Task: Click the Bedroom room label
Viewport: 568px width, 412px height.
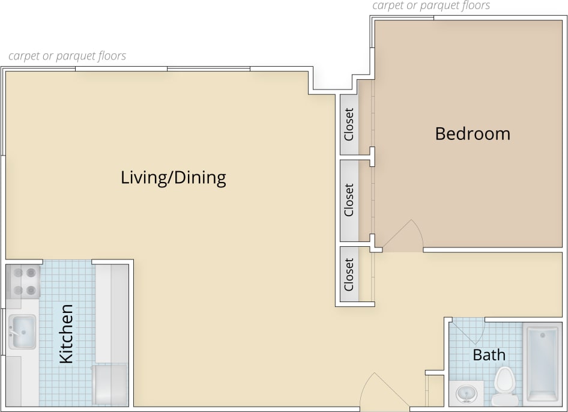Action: tap(473, 133)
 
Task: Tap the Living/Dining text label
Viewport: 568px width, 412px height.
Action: tap(174, 178)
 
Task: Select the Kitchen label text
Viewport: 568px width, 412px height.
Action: tap(66, 334)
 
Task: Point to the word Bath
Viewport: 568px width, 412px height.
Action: tap(489, 355)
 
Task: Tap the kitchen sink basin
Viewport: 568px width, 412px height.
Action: tap(22, 332)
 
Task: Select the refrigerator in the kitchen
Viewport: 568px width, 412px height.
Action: tap(110, 384)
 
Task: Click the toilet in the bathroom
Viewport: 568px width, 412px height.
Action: tap(504, 386)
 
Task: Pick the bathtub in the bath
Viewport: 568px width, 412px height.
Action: tap(542, 365)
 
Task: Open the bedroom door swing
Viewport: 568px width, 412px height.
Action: tap(403, 236)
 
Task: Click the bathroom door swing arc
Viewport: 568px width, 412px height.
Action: tap(467, 331)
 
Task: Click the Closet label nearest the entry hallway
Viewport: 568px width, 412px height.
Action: tap(349, 274)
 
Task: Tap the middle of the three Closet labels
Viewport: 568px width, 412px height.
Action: tap(349, 200)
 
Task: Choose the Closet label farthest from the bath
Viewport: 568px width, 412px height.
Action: tap(349, 124)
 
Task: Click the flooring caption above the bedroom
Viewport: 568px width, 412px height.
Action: tap(431, 6)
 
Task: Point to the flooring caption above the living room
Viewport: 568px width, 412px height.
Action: tap(67, 56)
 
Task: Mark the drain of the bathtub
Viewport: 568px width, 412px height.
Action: tap(542, 334)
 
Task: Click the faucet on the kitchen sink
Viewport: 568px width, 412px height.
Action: tap(13, 330)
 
